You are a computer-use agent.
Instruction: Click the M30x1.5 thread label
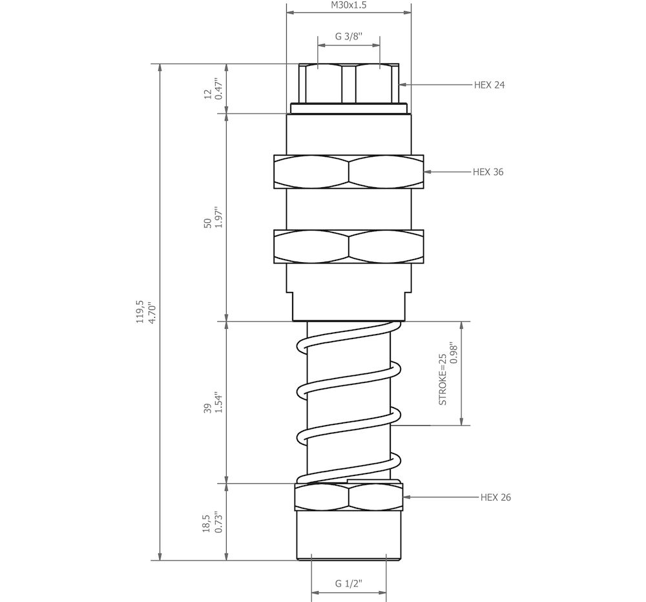[348, 5]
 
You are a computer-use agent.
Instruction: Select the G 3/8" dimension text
[348, 37]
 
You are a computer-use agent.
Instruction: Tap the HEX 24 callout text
[489, 85]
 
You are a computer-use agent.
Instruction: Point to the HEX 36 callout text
[488, 172]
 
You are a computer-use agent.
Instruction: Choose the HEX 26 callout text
[496, 497]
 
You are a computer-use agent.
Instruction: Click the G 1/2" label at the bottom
[348, 583]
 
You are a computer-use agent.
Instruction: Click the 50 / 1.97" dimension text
[213, 220]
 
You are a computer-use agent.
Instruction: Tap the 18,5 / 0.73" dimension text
[213, 522]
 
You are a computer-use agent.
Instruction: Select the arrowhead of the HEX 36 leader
[427, 172]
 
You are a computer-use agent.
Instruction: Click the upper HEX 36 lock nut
[349, 172]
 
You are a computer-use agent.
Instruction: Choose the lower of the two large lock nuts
[349, 247]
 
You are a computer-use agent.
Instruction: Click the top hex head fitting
[349, 84]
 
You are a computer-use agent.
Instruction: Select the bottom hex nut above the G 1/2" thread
[349, 497]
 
